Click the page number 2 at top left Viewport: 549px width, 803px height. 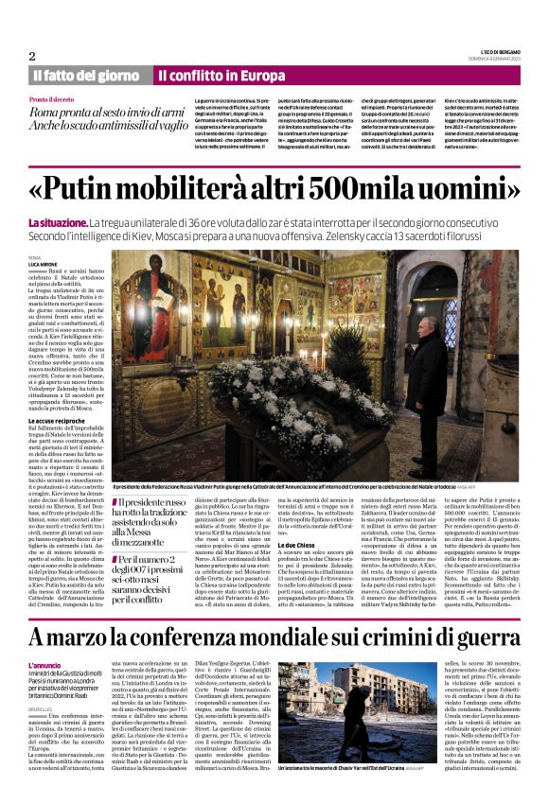pyautogui.click(x=32, y=56)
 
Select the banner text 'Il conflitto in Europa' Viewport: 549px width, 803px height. pyautogui.click(x=221, y=75)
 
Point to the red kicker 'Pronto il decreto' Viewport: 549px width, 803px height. pyautogui.click(x=53, y=99)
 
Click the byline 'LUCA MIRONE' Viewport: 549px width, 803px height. pyautogui.click(x=45, y=263)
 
